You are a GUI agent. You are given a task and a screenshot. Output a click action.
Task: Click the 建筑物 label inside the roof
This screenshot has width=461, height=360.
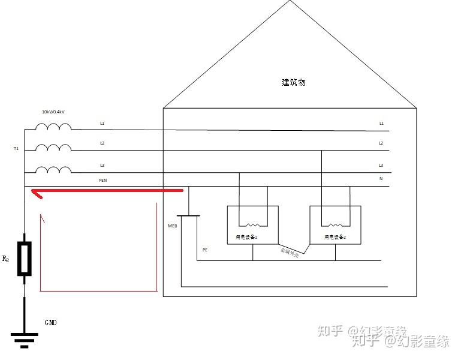point(293,82)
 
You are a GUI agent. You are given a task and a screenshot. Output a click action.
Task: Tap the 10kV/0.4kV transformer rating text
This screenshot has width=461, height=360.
point(53,112)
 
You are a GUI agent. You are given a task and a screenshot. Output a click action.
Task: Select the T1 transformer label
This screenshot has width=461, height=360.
point(16,148)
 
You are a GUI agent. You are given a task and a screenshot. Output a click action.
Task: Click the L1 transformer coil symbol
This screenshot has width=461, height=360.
point(53,127)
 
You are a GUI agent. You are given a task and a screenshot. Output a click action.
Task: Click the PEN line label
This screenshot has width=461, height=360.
point(103,179)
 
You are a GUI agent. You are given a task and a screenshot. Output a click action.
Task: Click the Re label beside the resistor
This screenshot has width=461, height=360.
point(6,259)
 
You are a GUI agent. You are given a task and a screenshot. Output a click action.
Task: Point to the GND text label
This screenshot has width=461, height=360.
point(51,322)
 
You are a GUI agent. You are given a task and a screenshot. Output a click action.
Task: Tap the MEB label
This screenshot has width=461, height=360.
point(173,226)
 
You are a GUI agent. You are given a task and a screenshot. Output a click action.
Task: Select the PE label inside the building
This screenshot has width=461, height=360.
point(204,249)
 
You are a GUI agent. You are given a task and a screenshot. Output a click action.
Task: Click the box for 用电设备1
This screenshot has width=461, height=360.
point(252,225)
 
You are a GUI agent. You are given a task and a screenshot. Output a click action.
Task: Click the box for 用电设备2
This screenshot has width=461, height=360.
point(335,225)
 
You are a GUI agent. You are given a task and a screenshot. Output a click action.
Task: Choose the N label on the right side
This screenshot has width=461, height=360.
point(381,179)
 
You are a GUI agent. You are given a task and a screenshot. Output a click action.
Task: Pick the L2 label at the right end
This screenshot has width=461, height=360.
point(381,143)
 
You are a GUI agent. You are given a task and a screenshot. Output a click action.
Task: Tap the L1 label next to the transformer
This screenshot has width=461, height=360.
point(102,123)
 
